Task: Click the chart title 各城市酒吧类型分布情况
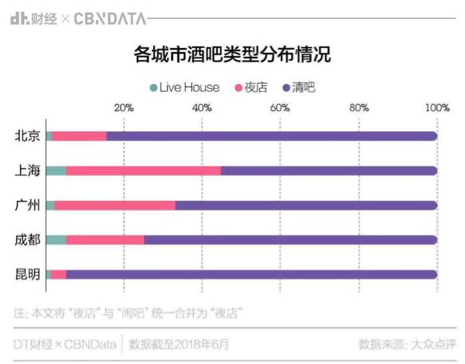232,55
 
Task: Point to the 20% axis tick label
124,108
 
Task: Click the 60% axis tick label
280,108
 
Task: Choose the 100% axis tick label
437,108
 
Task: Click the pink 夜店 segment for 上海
143,170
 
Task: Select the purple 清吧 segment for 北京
272,136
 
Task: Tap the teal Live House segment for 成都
56,240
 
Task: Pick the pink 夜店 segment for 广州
114,206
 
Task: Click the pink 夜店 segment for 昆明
58,274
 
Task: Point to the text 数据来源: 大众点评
407,345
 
